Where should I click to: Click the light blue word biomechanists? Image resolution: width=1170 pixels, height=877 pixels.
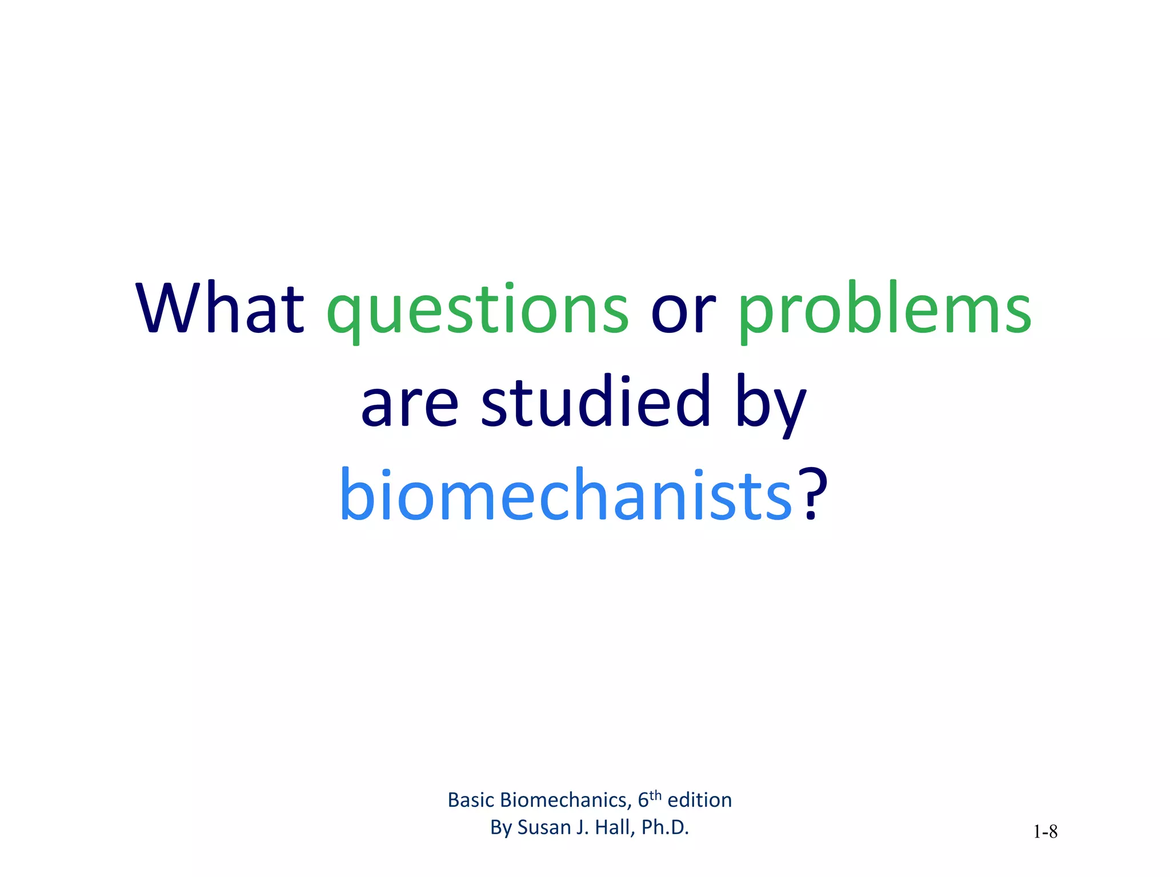coord(566,494)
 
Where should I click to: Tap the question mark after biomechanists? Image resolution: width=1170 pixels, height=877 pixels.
coord(812,494)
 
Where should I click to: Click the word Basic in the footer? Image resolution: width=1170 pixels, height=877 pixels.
coord(471,800)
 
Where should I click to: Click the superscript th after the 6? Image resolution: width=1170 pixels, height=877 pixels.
coord(655,795)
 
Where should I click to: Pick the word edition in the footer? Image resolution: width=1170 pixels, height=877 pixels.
coord(700,800)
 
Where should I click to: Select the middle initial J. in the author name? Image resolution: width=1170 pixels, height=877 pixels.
coord(582,827)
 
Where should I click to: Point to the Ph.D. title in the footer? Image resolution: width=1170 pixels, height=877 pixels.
coord(666,827)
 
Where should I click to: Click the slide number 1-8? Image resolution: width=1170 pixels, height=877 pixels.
coord(1045,832)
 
